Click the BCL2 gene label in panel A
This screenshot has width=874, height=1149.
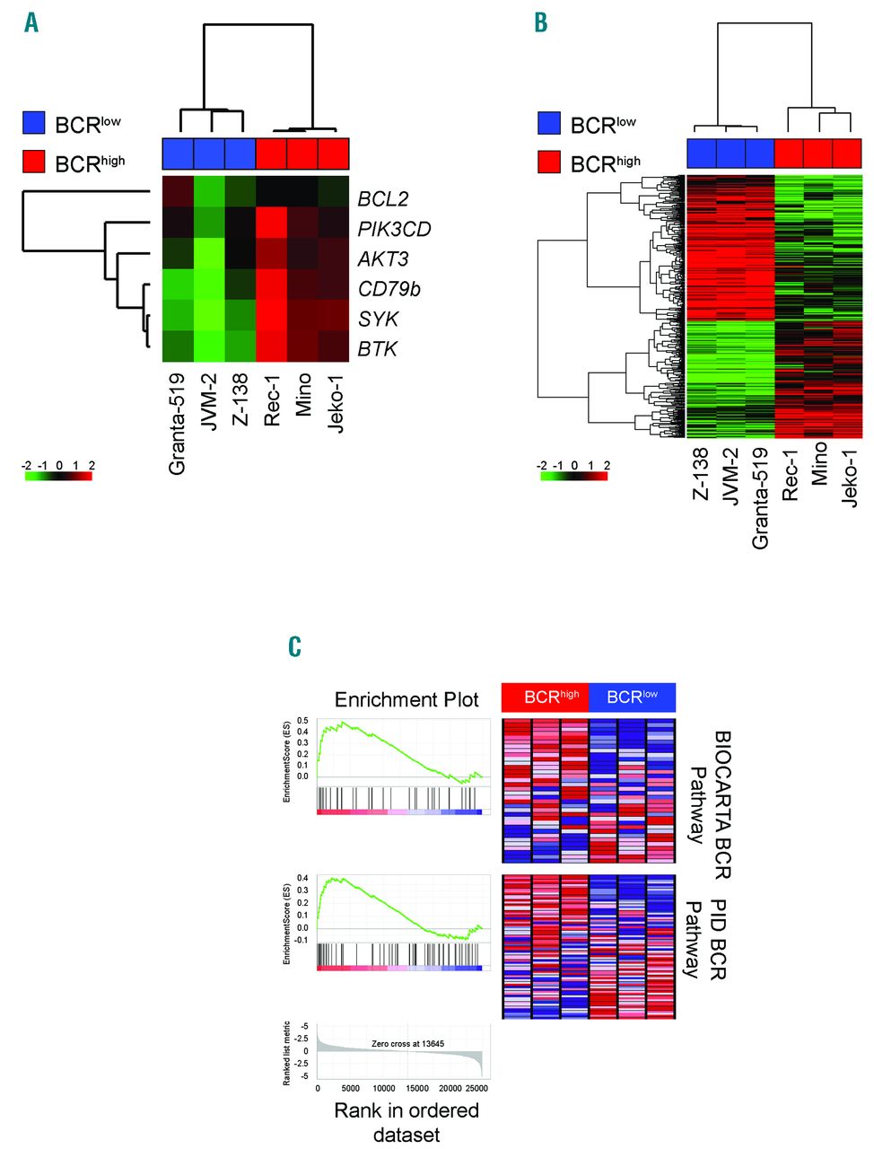tap(383, 198)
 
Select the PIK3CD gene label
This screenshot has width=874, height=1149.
tap(394, 229)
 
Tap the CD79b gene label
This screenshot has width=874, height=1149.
tap(389, 289)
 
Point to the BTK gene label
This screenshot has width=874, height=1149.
tap(377, 349)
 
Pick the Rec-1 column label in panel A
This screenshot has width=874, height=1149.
tap(272, 399)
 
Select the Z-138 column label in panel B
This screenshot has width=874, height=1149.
tap(700, 474)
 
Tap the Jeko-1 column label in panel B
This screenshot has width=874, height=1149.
tap(849, 478)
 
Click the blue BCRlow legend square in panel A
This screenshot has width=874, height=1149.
tap(34, 123)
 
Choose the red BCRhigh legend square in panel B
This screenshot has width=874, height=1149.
tap(549, 162)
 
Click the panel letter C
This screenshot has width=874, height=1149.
tap(294, 647)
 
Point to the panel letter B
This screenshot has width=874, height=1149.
tap(540, 22)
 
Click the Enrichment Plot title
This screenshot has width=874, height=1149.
tap(406, 699)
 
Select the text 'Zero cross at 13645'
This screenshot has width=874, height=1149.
tap(407, 1044)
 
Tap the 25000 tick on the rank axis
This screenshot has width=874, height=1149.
tap(477, 1088)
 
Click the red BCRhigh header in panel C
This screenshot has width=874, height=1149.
tap(545, 697)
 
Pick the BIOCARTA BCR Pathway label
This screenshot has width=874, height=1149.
tap(709, 804)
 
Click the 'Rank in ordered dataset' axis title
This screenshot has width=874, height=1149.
tap(406, 1122)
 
